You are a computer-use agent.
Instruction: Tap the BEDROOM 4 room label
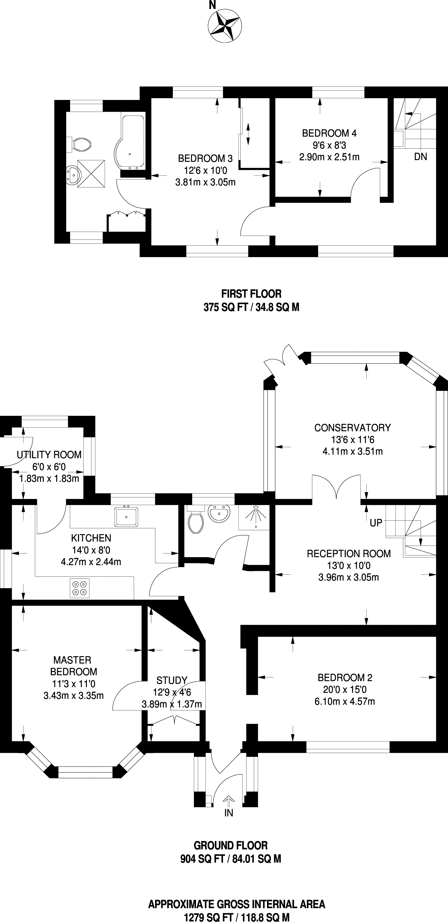coord(329,134)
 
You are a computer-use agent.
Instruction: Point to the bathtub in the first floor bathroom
coord(130,141)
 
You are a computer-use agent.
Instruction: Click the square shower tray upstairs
coord(91,174)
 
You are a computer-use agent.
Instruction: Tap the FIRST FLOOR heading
coord(251,294)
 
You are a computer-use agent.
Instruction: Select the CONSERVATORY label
coord(352,428)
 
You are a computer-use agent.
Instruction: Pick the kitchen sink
coord(126,516)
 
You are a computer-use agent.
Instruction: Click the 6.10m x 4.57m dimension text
coord(345,701)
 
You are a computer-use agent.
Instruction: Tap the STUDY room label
coord(172,680)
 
